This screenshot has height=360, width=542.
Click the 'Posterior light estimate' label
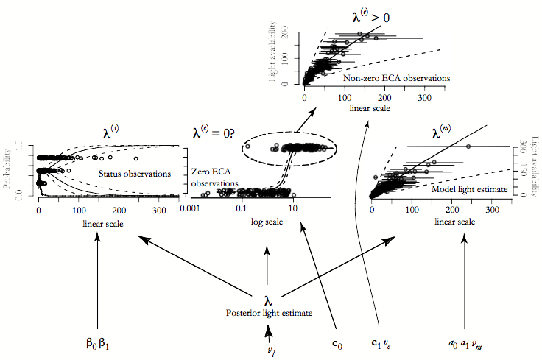[x=269, y=313]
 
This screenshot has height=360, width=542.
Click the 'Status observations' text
[x=135, y=174]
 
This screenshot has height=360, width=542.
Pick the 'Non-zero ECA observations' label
[x=397, y=77]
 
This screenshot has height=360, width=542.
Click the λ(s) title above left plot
[x=111, y=133]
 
